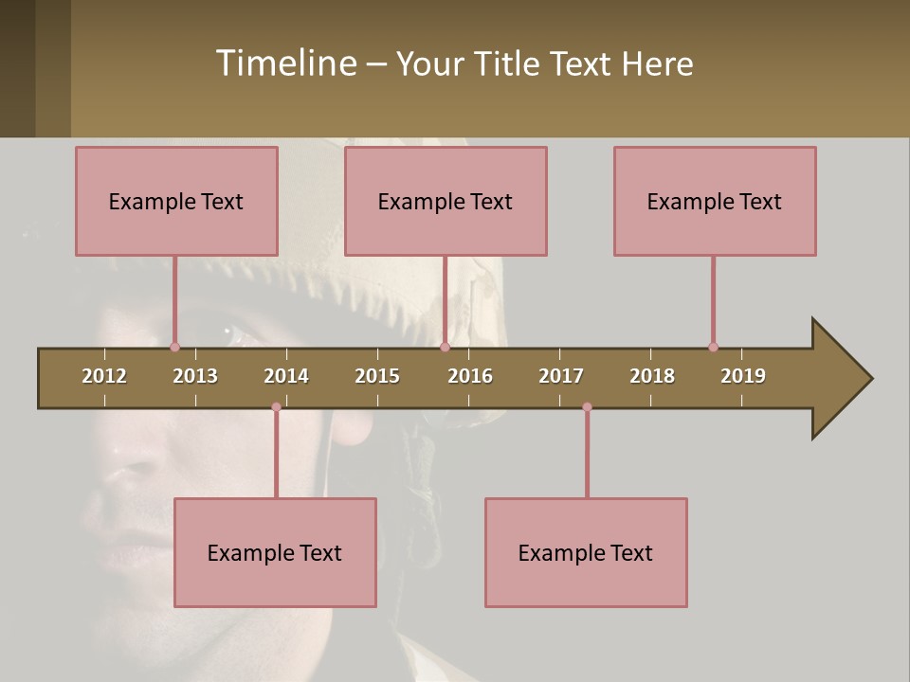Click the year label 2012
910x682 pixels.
pyautogui.click(x=104, y=376)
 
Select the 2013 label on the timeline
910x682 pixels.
pyautogui.click(x=195, y=376)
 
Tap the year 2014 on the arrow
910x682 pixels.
pyautogui.click(x=286, y=376)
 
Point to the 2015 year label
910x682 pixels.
pyautogui.click(x=377, y=376)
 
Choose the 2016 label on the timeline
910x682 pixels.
pyautogui.click(x=470, y=376)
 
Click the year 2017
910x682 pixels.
pyautogui.click(x=561, y=376)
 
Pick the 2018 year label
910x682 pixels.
pyautogui.click(x=652, y=376)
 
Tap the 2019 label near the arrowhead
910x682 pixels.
pyautogui.click(x=743, y=376)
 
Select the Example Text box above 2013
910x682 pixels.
pyautogui.click(x=176, y=202)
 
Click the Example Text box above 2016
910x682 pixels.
pyautogui.click(x=446, y=202)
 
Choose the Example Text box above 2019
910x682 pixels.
pyautogui.click(x=715, y=202)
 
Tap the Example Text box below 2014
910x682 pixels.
pyautogui.click(x=275, y=553)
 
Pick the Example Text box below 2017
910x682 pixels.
pyautogui.click(x=586, y=553)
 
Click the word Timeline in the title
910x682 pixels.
pyautogui.click(x=285, y=63)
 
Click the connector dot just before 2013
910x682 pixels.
pyautogui.click(x=174, y=347)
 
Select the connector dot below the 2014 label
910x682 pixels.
pyautogui.click(x=276, y=407)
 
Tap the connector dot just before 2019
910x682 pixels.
pyautogui.click(x=713, y=347)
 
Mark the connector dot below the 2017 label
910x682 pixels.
pyautogui.click(x=587, y=407)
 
